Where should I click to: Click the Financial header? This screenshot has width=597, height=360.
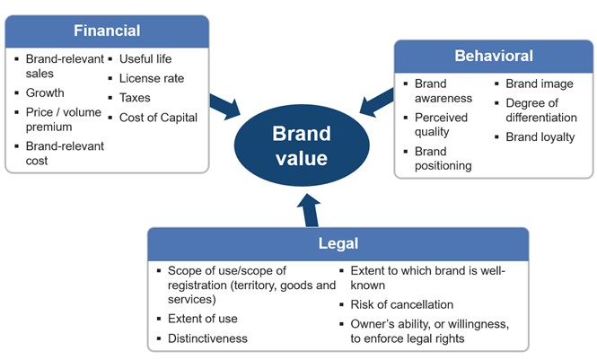107,31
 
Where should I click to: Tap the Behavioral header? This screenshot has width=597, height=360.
493,57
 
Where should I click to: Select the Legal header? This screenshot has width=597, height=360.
338,243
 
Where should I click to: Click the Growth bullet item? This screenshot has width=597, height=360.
45,92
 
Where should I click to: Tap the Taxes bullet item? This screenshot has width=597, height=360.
135,98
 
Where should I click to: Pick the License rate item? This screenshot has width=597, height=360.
151,78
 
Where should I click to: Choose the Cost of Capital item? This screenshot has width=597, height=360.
158,118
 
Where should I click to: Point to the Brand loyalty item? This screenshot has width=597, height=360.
540,137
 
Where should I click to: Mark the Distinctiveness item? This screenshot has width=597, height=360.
207,338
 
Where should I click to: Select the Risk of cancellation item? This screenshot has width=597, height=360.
402,304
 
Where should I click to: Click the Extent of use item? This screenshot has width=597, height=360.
203,319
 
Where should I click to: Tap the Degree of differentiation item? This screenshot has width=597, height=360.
541,110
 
